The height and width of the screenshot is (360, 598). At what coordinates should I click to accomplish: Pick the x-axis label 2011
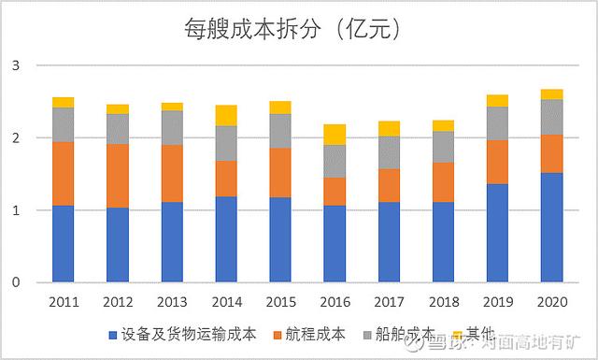63,302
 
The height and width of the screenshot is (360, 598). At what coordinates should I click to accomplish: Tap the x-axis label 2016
335,302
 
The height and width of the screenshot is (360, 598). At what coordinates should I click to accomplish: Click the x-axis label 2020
551,302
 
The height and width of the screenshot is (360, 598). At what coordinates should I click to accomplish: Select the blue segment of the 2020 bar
551,227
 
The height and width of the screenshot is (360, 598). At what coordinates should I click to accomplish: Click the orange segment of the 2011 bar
63,173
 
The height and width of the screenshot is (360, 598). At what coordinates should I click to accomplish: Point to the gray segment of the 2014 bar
226,143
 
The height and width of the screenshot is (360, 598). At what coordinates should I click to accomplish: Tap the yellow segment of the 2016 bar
335,134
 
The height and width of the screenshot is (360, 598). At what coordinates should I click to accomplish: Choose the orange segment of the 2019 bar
497,162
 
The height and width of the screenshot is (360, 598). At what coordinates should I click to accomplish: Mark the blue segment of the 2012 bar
117,245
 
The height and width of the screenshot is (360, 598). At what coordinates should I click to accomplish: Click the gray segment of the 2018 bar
443,147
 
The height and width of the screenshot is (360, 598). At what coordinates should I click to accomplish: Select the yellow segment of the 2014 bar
226,115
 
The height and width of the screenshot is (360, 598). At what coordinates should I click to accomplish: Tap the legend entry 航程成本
318,334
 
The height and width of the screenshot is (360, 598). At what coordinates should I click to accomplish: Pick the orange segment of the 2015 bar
280,172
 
